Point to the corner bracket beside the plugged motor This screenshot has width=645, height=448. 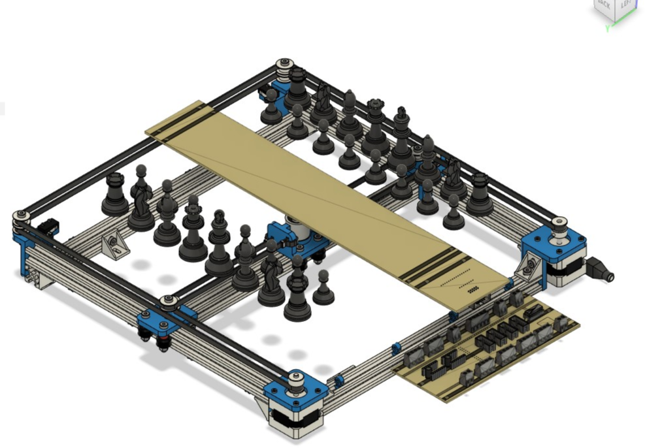coord(529,268)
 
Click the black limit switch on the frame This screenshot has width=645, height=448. coord(47,229)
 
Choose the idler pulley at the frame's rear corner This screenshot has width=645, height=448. coord(284,66)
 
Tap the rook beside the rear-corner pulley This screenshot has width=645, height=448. coord(297,88)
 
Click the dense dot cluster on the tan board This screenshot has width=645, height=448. coord(472,288)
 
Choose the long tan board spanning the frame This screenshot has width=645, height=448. coord(327,196)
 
